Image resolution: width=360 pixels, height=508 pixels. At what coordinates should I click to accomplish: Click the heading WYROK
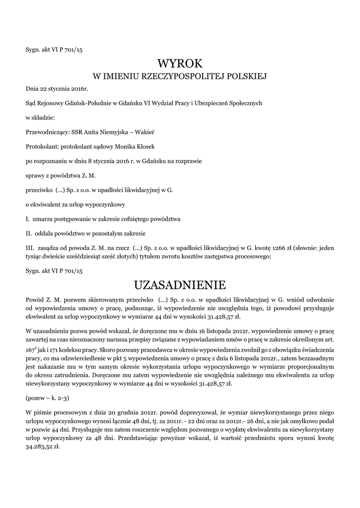tap(180, 63)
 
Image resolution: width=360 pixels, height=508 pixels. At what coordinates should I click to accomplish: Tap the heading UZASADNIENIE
tap(180, 285)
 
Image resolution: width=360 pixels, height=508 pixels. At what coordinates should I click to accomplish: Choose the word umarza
tap(44, 219)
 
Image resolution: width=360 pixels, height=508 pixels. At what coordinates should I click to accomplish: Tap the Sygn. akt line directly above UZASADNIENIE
tap(54, 271)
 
